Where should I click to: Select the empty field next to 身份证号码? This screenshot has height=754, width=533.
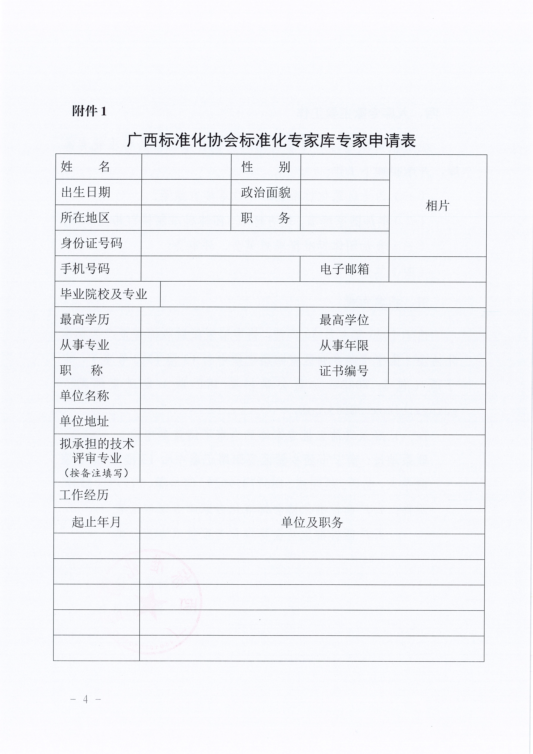(265, 243)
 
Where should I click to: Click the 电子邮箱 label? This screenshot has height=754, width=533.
(344, 269)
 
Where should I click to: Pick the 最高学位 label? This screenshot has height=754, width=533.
(344, 320)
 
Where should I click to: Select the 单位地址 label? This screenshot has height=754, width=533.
(84, 421)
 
